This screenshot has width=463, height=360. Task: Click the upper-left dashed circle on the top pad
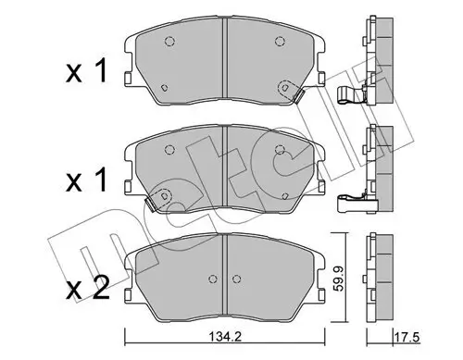click(x=169, y=40)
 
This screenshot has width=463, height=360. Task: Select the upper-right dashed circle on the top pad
click(x=279, y=40)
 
